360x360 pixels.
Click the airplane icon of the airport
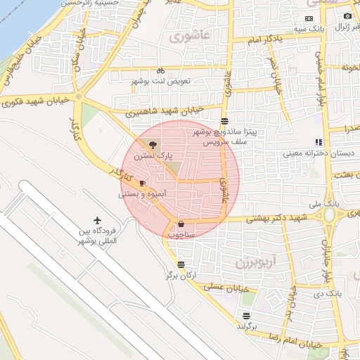[97, 221]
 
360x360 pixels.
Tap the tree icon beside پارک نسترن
[155, 145]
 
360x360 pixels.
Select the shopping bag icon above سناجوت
[181, 224]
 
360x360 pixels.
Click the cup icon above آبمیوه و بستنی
[143, 183]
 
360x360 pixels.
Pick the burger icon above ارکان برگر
[181, 265]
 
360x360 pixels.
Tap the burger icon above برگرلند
[245, 316]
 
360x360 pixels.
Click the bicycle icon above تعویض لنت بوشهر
[160, 70]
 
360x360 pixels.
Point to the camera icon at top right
[347, 16]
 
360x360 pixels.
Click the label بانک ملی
[328, 202]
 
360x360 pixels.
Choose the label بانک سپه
[309, 28]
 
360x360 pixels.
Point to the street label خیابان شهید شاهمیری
[165, 111]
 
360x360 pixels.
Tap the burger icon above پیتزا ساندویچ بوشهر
[224, 122]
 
